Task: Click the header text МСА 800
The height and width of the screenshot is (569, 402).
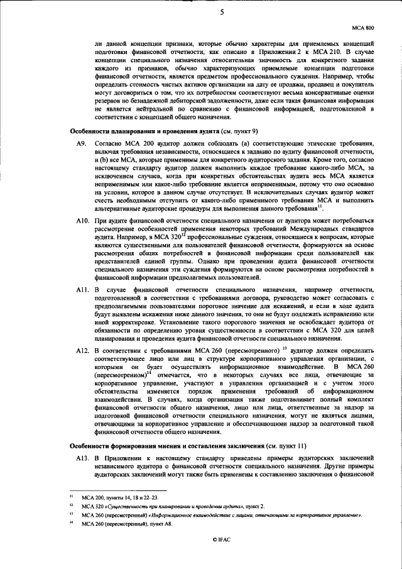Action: tap(364, 28)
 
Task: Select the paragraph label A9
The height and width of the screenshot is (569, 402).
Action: tap(80, 144)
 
